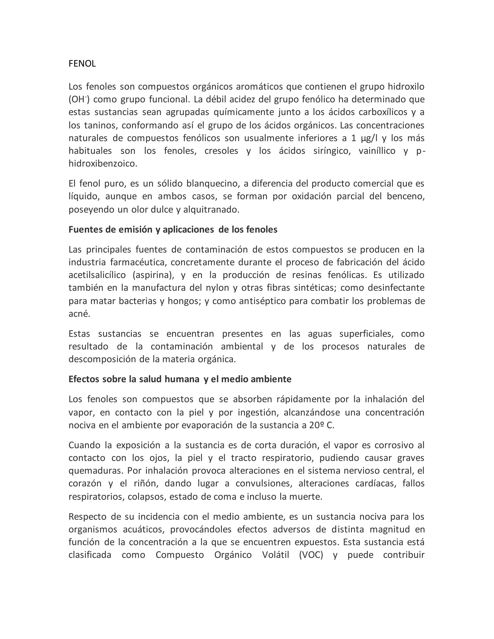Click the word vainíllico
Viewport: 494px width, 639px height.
click(x=377, y=151)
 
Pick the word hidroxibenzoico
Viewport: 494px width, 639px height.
click(x=103, y=163)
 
